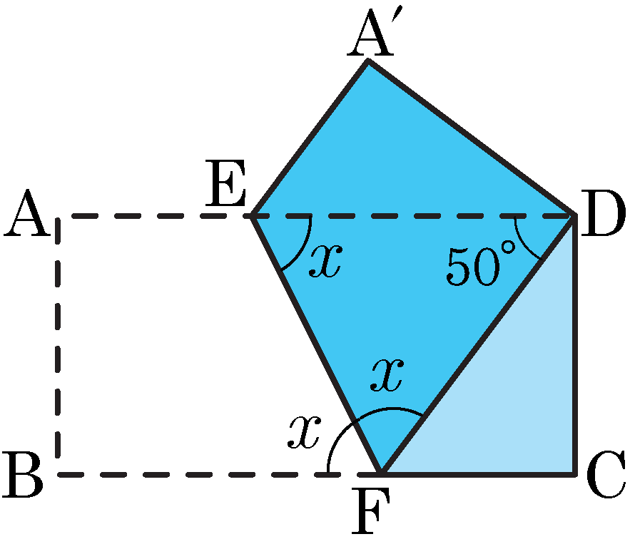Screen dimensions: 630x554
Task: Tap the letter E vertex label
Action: tap(225, 183)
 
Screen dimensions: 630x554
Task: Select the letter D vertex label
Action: tap(603, 214)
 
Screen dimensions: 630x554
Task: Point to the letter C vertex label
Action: tap(606, 475)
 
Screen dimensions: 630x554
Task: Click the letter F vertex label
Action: tap(370, 511)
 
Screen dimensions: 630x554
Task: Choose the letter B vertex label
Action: tap(23, 475)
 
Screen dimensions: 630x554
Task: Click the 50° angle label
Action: tap(481, 265)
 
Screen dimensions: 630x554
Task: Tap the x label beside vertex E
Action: tap(326, 261)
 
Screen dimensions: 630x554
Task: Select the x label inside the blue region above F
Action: tap(387, 374)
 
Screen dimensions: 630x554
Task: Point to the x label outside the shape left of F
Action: tap(304, 432)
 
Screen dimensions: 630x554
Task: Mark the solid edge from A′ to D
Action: tap(472, 138)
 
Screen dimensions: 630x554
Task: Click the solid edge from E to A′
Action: tap(310, 138)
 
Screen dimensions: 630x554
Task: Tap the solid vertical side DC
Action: tap(574, 345)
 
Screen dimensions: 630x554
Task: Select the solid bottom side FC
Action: tap(478, 475)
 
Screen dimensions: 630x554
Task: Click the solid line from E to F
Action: tap(315, 345)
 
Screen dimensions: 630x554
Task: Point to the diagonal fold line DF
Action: tap(478, 345)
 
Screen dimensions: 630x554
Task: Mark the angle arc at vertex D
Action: tap(522, 243)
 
